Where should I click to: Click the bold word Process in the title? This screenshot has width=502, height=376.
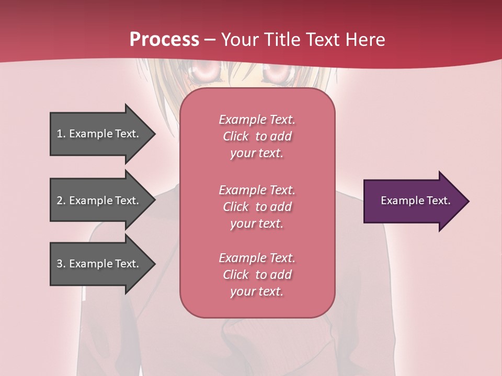click(x=164, y=39)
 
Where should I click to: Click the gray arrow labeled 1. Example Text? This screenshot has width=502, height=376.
click(x=99, y=134)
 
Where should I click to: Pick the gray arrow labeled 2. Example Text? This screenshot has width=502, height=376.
click(x=99, y=201)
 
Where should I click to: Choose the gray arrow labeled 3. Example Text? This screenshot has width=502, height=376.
click(x=99, y=264)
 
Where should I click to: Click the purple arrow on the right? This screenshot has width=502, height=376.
click(x=413, y=201)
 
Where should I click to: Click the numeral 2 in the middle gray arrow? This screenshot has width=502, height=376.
click(x=60, y=201)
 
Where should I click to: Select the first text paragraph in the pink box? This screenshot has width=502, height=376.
click(x=257, y=136)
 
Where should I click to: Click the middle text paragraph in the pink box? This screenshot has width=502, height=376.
click(x=257, y=206)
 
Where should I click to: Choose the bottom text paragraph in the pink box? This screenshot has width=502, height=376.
click(x=257, y=275)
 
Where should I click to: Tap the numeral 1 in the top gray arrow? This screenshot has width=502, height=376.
click(x=60, y=134)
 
